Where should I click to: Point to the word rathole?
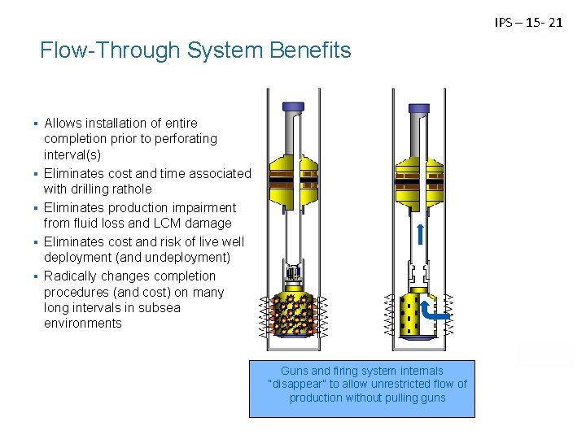tap(129, 189)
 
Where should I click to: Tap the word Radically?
tap(72, 276)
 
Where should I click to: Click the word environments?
tap(83, 324)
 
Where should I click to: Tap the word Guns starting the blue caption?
tap(295, 370)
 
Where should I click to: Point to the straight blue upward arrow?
tap(420, 234)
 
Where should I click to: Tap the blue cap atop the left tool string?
tap(291, 106)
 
